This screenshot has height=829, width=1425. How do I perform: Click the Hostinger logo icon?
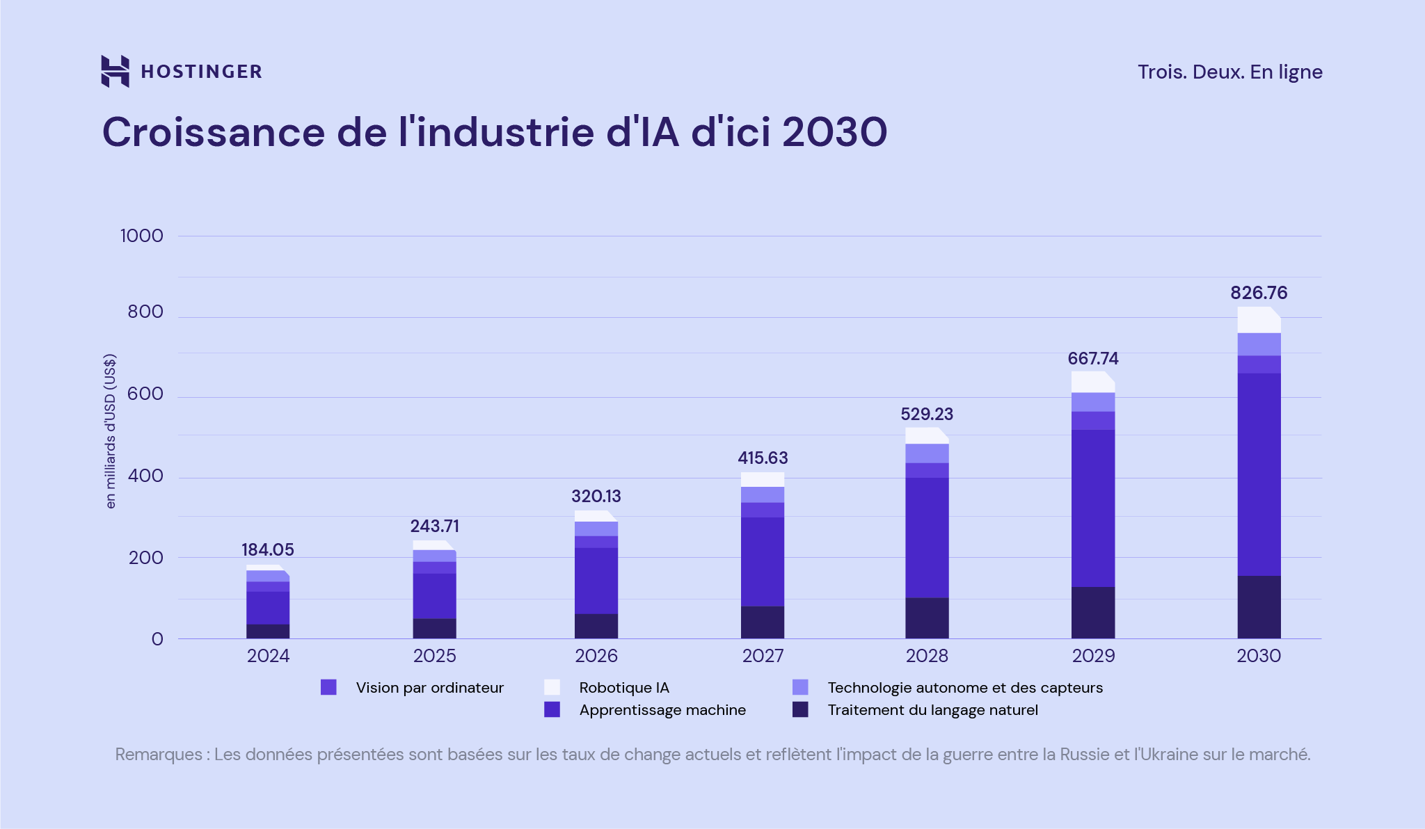[115, 71]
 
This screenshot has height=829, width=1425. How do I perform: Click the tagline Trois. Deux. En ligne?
[1229, 72]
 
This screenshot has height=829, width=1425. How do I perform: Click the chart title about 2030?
[494, 132]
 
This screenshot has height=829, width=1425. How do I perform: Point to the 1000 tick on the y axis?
[142, 236]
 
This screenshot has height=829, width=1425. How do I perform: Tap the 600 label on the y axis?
[145, 394]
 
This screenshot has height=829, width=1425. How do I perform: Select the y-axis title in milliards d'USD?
[111, 431]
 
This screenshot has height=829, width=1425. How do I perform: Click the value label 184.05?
[268, 549]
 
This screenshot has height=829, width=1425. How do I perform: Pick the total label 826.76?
[1259, 293]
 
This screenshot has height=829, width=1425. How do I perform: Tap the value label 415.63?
[763, 458]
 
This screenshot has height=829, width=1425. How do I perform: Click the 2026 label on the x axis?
[596, 656]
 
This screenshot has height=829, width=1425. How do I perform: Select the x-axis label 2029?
[1093, 656]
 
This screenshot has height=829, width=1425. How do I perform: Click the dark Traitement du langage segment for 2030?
[1259, 606]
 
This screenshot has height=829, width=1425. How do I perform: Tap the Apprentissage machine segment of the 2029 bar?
[1093, 508]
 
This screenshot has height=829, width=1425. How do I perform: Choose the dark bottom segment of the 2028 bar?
[927, 618]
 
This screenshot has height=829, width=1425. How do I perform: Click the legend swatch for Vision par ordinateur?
[328, 687]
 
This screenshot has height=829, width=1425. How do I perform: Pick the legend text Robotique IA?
[623, 688]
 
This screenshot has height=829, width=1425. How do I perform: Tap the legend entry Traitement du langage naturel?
[932, 710]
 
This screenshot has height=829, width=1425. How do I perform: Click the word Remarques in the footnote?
[158, 755]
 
